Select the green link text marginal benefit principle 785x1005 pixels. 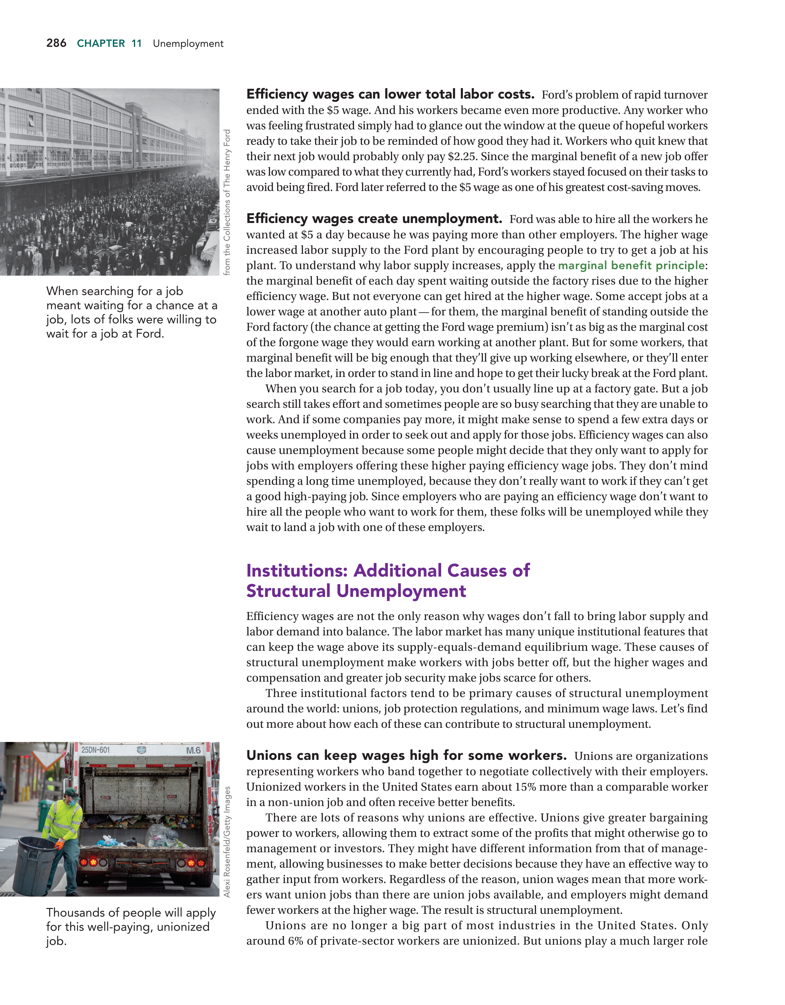[x=631, y=265]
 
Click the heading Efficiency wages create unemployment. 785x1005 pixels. [x=374, y=219]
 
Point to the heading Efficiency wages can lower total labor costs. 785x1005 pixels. [x=390, y=94]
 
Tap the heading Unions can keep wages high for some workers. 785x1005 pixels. [x=406, y=756]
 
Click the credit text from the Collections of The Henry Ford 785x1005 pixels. [x=227, y=202]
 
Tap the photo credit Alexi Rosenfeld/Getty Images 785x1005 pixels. [x=227, y=842]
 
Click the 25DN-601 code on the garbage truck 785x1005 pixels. [x=96, y=750]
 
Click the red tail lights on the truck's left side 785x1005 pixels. [x=90, y=861]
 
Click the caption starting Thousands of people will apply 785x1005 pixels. [x=131, y=927]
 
